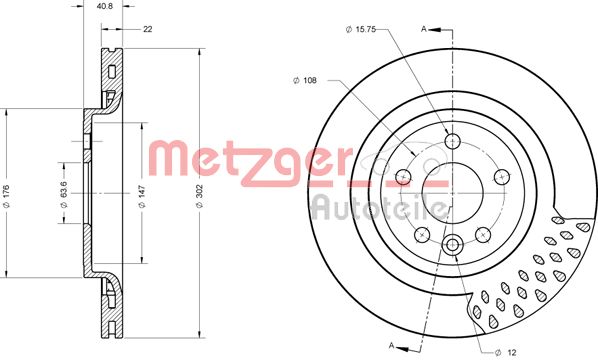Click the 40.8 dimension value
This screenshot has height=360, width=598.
[104, 6]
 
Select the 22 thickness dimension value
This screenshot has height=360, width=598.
[148, 29]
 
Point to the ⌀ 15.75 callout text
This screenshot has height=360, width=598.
[360, 29]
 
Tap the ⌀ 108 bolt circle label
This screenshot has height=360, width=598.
[304, 80]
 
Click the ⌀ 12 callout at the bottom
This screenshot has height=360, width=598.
[505, 352]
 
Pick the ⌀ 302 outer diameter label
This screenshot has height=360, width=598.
[199, 196]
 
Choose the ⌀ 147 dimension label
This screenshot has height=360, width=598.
[142, 196]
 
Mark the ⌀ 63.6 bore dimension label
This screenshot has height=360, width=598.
[64, 194]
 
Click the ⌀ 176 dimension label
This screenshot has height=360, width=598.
[6, 196]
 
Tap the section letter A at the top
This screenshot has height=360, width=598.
[423, 29]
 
